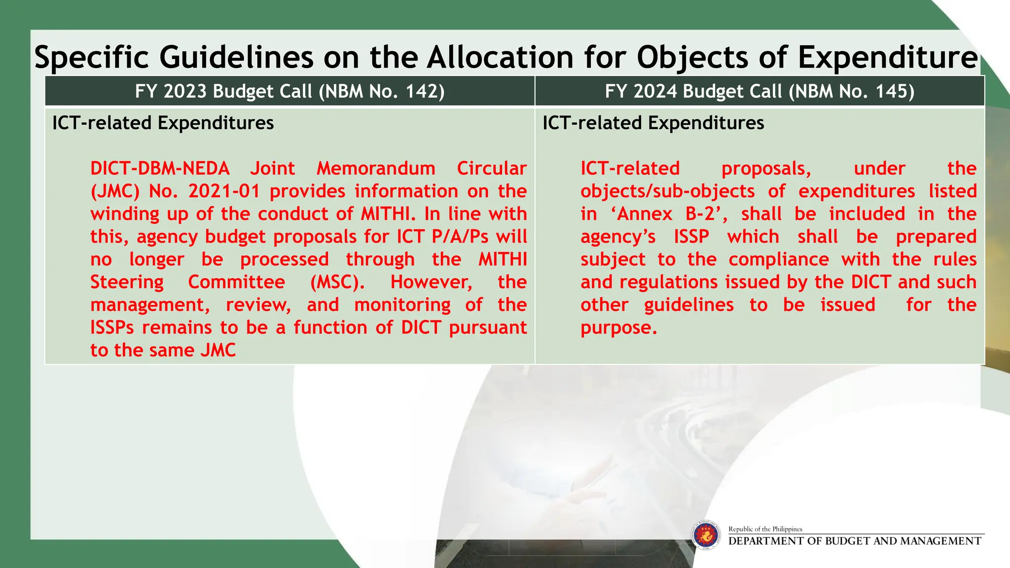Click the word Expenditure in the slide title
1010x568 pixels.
[888, 58]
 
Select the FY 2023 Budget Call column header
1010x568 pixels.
[289, 92]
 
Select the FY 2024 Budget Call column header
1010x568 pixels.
[759, 92]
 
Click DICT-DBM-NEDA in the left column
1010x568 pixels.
[160, 169]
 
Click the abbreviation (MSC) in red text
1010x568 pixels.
[337, 283]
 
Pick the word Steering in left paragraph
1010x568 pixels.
[127, 283]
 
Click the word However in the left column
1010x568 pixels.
[431, 283]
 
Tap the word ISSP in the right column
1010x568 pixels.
[691, 237]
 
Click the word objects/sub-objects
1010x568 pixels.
[667, 192]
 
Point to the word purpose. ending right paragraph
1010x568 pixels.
[618, 328]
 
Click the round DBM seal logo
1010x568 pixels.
[706, 535]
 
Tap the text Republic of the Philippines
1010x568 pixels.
[765, 529]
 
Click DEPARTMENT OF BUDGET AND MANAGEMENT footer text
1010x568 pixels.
[855, 541]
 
